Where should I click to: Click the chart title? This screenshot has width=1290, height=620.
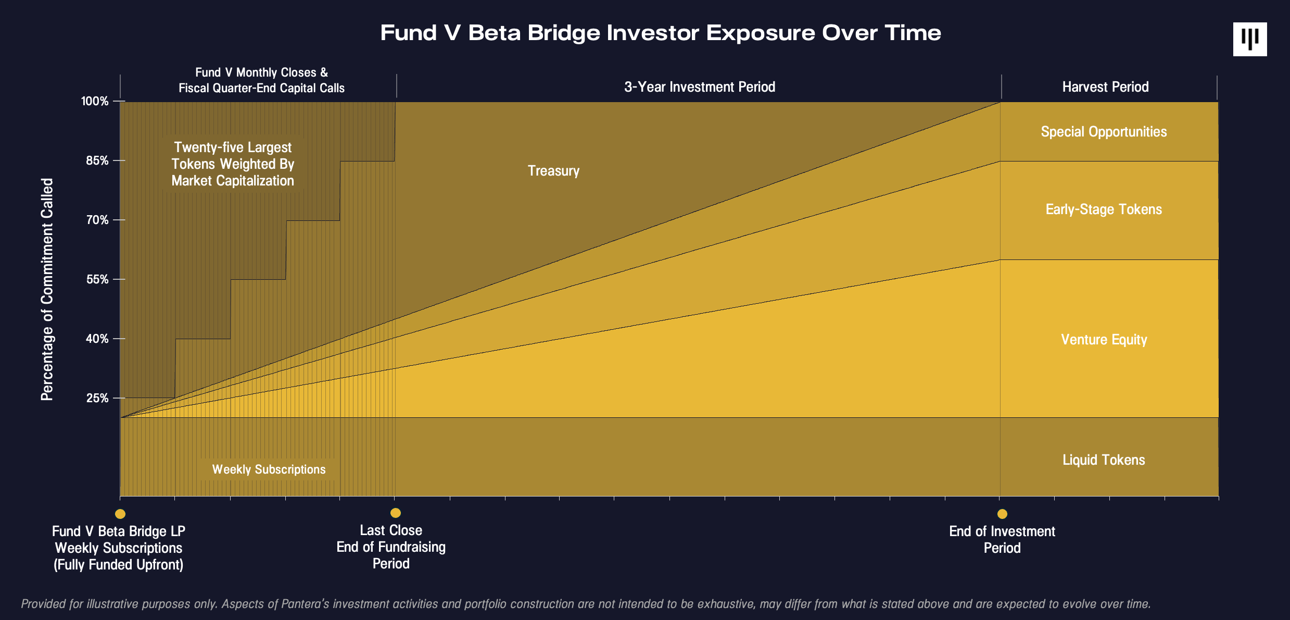(660, 33)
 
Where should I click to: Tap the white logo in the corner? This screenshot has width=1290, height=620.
(1249, 39)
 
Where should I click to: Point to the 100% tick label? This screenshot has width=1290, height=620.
(95, 101)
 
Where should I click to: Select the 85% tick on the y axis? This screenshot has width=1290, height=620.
(97, 160)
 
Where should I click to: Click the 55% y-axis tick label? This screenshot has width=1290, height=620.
(97, 279)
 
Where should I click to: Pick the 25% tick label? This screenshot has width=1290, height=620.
(97, 398)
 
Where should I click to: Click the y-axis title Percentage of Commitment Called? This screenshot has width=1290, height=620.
(47, 289)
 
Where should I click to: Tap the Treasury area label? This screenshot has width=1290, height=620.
(553, 171)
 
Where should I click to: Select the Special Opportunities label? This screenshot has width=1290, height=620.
(1104, 132)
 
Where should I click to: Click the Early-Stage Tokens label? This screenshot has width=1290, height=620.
(1104, 209)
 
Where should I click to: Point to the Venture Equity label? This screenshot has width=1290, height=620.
(1104, 340)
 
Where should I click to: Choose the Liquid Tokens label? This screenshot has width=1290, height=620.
(1104, 460)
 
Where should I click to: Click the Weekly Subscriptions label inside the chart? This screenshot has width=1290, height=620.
(269, 469)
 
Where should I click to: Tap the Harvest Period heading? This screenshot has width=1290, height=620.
(1105, 87)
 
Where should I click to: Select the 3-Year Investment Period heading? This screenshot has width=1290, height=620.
(700, 87)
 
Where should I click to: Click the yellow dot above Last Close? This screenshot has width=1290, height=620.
(396, 513)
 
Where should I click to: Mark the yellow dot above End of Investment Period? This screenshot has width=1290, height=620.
(1002, 514)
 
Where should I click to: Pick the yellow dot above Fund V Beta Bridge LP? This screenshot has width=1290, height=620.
(120, 514)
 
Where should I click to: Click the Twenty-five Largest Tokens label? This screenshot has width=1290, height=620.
(233, 164)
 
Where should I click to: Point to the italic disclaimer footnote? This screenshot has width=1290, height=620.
(586, 604)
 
